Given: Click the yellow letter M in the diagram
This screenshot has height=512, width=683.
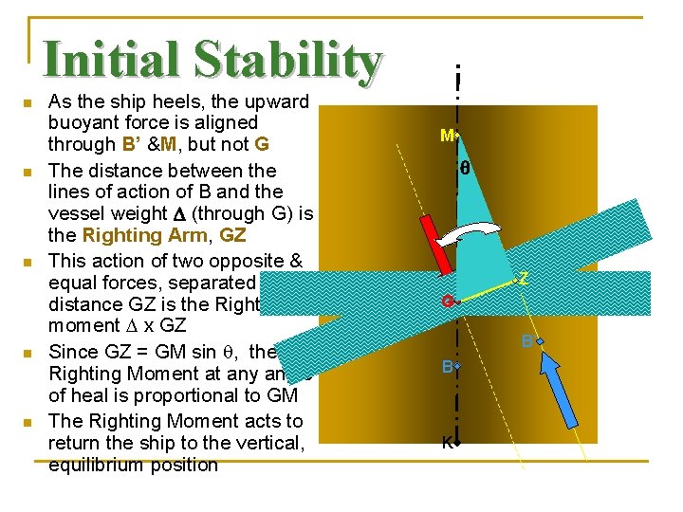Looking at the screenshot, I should (447, 136).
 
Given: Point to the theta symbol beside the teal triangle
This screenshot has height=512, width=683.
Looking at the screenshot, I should (465, 170).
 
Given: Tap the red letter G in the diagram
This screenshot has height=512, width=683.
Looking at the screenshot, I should (447, 302).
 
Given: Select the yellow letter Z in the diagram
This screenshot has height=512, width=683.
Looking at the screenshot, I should (523, 279).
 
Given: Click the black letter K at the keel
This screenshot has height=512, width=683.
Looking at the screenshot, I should (446, 442).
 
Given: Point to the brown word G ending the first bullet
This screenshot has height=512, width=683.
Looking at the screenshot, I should (263, 144).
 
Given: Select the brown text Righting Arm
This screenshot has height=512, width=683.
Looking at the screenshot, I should (140, 233).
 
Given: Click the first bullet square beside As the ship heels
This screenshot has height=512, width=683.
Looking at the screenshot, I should (28, 102).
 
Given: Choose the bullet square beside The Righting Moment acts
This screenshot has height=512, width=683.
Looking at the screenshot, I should (28, 422).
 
